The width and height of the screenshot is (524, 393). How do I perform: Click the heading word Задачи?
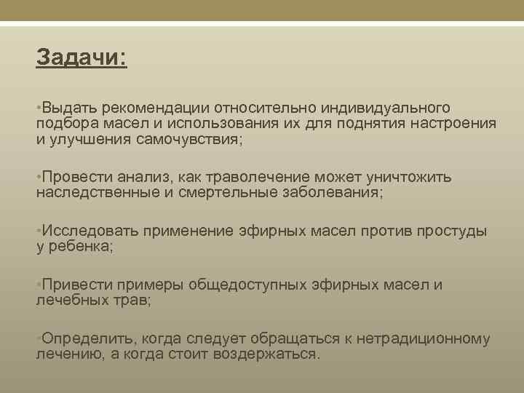[80, 57]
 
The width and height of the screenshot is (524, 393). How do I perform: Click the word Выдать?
[68, 108]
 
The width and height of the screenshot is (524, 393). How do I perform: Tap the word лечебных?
[71, 300]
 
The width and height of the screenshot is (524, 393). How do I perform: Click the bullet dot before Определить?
[39, 338]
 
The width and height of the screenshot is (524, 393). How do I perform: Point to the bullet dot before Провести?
[39, 177]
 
